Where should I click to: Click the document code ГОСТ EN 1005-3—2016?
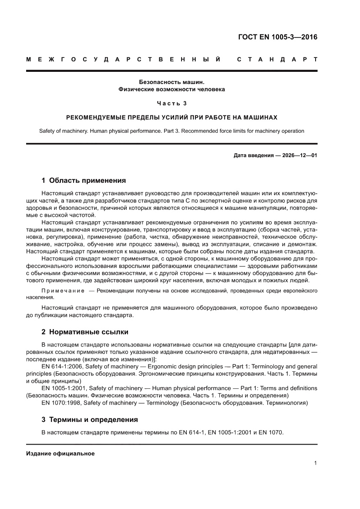pyautogui.click(x=277, y=37)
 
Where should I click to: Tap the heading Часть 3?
pyautogui.click(x=172, y=103)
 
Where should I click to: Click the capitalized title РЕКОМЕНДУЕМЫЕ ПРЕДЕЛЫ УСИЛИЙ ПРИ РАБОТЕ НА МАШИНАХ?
pyautogui.click(x=172, y=118)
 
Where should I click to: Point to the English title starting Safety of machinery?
pyautogui.click(x=172, y=131)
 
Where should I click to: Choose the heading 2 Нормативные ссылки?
pyautogui.click(x=84, y=332)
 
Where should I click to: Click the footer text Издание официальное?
pyautogui.click(x=61, y=453)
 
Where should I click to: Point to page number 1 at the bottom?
pyautogui.click(x=315, y=463)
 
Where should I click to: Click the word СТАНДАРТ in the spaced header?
pyautogui.click(x=277, y=59)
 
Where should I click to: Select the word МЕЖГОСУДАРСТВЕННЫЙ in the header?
pyautogui.click(x=123, y=59)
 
